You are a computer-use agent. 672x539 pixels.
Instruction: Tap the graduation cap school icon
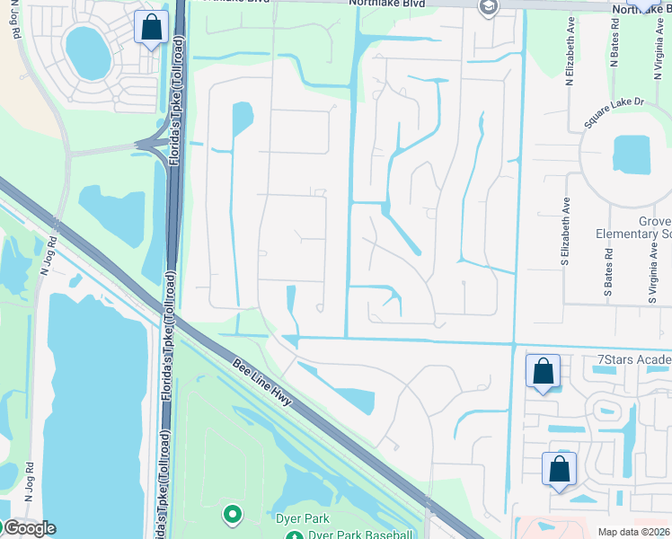tap(488, 9)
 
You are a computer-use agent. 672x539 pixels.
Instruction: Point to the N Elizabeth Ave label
tap(570, 61)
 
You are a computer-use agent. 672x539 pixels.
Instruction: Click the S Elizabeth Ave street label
tap(566, 241)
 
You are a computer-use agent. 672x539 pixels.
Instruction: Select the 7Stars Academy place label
tap(634, 361)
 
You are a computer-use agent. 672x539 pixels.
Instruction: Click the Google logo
tap(29, 528)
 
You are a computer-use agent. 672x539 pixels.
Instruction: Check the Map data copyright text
tap(633, 532)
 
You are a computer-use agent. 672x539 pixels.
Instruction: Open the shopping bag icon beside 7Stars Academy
tap(544, 371)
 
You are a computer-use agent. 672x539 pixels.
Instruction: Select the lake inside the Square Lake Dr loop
tap(631, 155)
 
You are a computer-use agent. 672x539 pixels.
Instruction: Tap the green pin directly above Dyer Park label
tap(233, 515)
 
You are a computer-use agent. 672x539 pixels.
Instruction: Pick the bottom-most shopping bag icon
tap(559, 470)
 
